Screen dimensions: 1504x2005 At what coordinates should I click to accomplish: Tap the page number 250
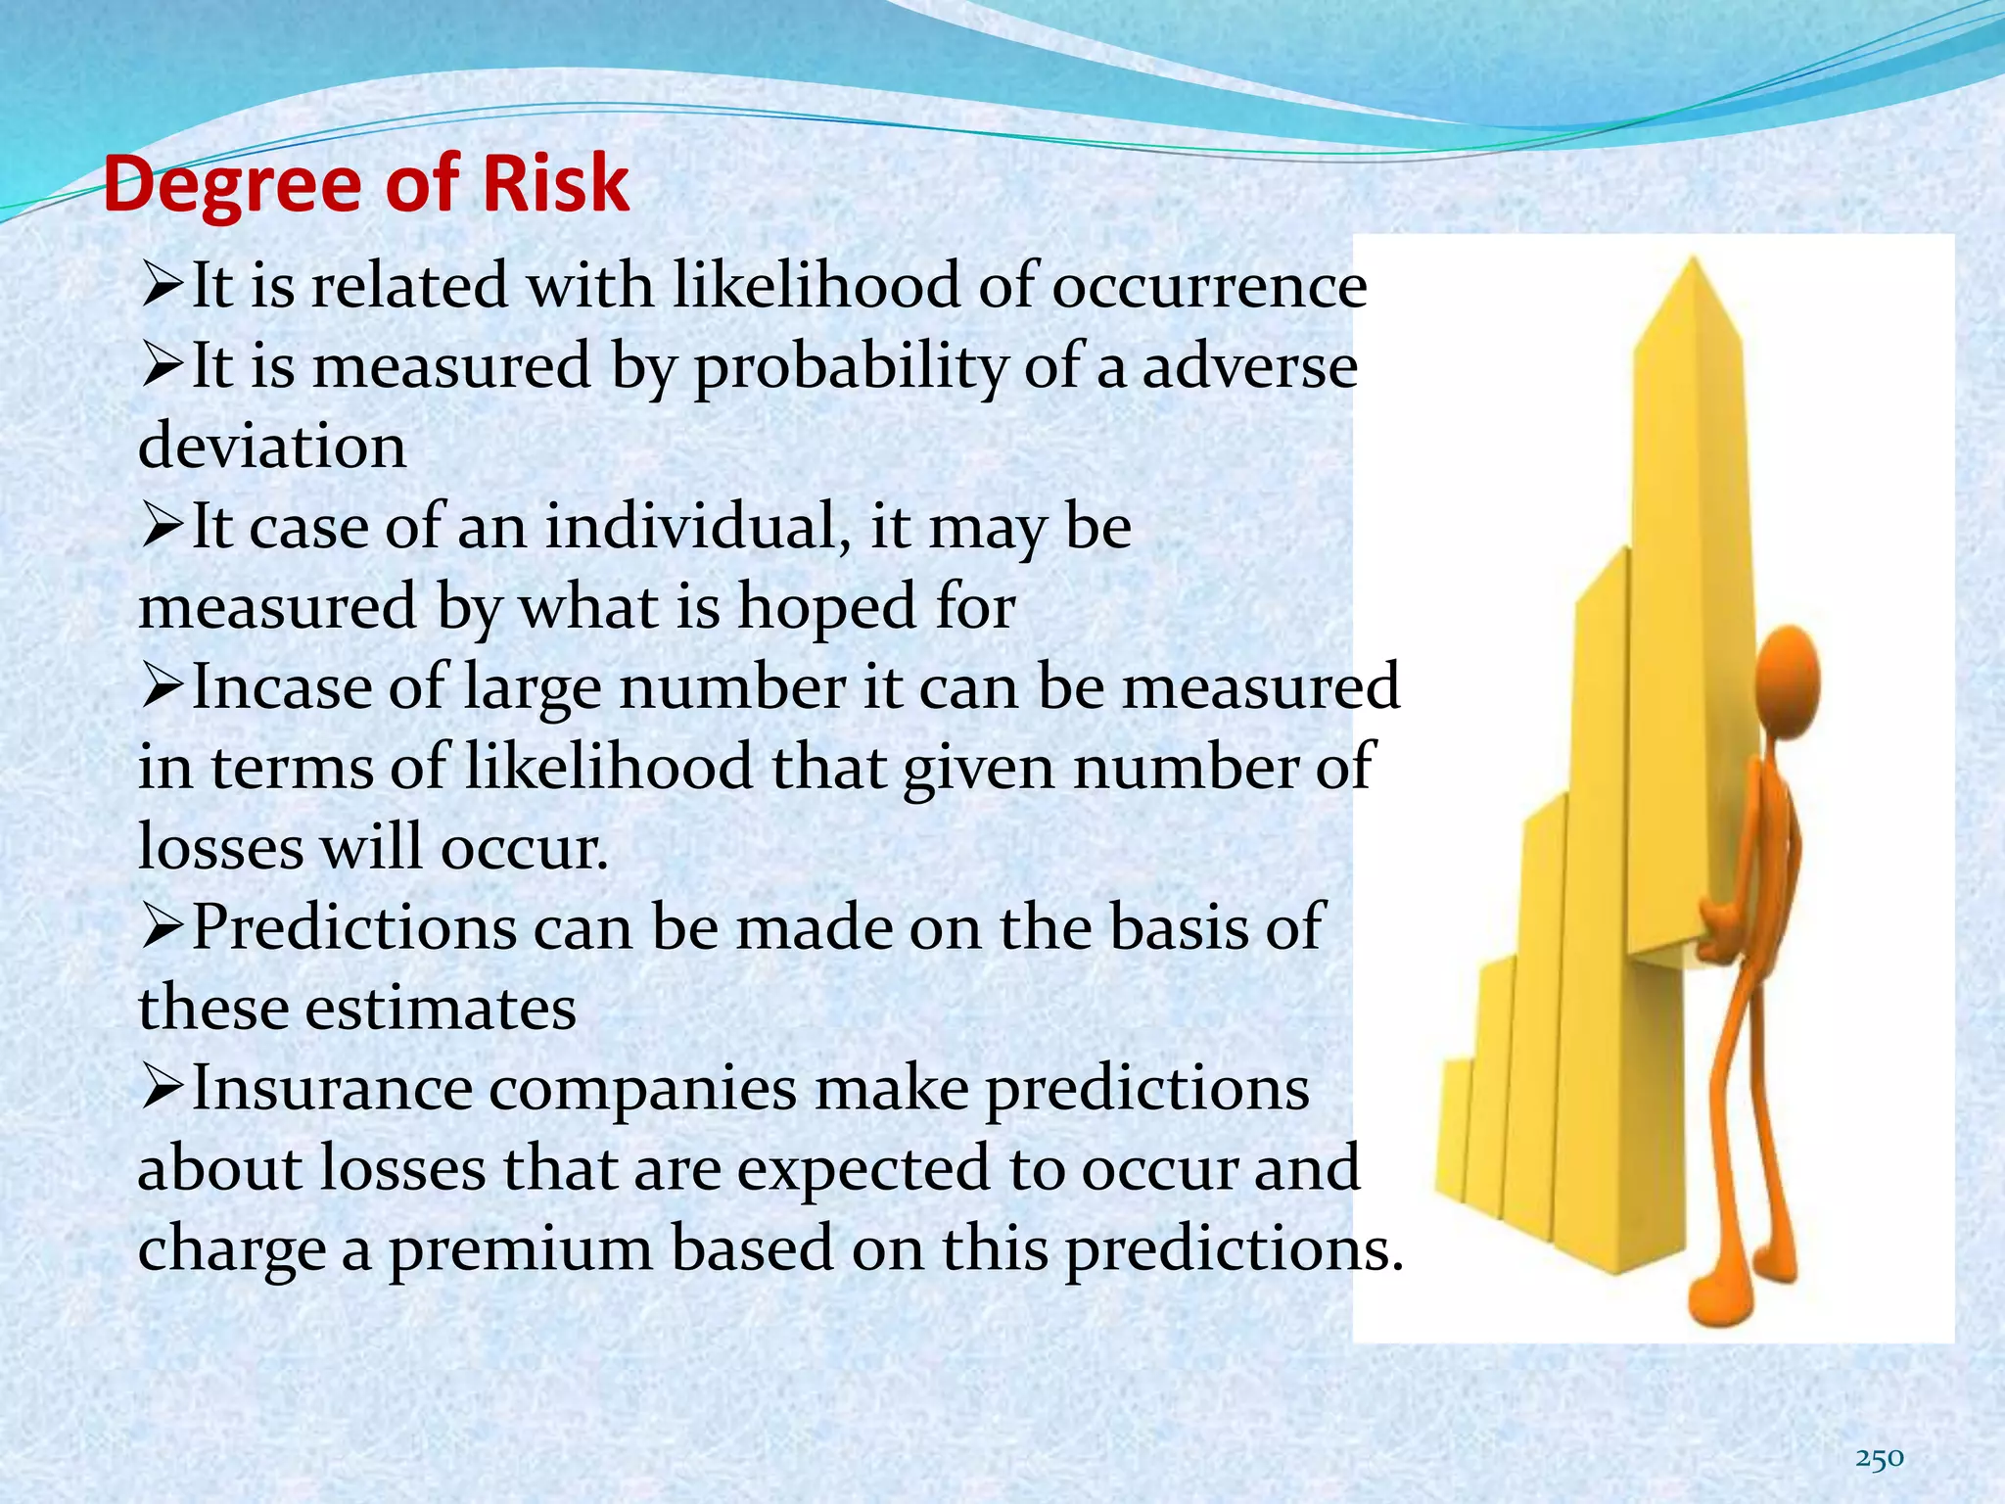pyautogui.click(x=1879, y=1458)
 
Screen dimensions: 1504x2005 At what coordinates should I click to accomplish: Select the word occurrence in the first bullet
pyautogui.click(x=1209, y=287)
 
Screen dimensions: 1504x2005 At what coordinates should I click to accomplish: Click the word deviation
pyautogui.click(x=272, y=447)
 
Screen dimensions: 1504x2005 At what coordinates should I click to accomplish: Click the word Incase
pyautogui.click(x=281, y=687)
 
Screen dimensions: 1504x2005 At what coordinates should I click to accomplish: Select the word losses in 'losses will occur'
pyautogui.click(x=221, y=848)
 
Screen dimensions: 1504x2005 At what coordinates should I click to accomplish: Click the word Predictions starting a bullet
pyautogui.click(x=353, y=928)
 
